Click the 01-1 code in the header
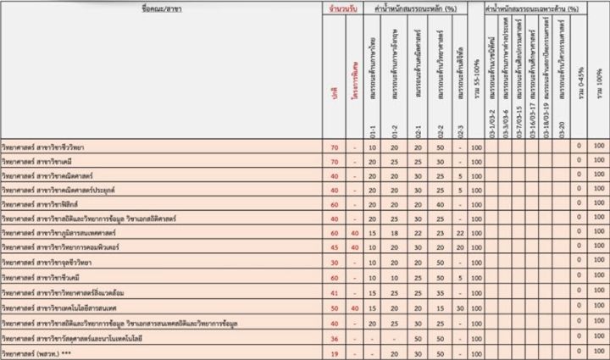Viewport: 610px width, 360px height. coord(373,131)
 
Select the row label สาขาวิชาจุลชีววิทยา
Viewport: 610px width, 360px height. coord(52,261)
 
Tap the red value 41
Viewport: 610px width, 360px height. coord(335,291)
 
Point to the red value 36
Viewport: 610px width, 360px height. coord(335,337)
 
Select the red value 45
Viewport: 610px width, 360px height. coord(335,246)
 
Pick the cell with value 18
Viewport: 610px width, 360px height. coord(395,232)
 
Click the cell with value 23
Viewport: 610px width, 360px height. coord(440,232)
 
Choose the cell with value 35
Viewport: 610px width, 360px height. coord(440,291)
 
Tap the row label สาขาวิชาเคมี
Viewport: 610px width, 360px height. coord(42,162)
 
